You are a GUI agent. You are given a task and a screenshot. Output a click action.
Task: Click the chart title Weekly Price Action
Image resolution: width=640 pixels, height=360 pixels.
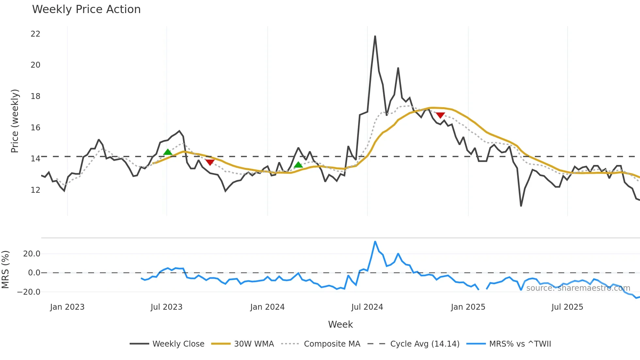point(86,9)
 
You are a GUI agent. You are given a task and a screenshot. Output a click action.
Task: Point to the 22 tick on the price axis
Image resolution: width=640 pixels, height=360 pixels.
point(35,34)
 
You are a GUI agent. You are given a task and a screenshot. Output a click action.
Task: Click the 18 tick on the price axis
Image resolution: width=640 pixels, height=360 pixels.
point(35,96)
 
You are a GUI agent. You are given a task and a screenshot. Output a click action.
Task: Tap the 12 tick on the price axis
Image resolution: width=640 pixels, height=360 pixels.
point(35,190)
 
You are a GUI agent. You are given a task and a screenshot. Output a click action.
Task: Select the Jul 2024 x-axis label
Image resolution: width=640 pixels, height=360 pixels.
point(367,307)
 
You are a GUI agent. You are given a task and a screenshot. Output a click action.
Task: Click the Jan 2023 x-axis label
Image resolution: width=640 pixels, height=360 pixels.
point(67,307)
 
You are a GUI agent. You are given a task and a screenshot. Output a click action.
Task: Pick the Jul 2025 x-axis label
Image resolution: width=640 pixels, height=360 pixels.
point(567,307)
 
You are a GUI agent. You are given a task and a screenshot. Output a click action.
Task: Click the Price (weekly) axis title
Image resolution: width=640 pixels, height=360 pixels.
point(15,121)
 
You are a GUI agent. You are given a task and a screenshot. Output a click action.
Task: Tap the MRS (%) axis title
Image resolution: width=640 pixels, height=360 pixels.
point(5,270)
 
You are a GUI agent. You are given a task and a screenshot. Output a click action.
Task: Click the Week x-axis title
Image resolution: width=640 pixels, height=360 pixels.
point(340,324)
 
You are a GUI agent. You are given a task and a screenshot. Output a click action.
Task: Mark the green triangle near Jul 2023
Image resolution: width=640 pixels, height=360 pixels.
point(168,152)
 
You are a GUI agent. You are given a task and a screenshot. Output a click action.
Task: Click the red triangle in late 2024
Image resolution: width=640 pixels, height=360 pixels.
point(440,115)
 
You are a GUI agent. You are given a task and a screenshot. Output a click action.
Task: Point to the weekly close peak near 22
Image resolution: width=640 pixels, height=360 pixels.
point(375,36)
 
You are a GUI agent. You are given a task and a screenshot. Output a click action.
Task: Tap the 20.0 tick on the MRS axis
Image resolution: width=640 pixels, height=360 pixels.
point(32,254)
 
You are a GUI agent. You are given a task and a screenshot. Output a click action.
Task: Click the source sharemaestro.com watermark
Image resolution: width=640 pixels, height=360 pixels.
point(578,288)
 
